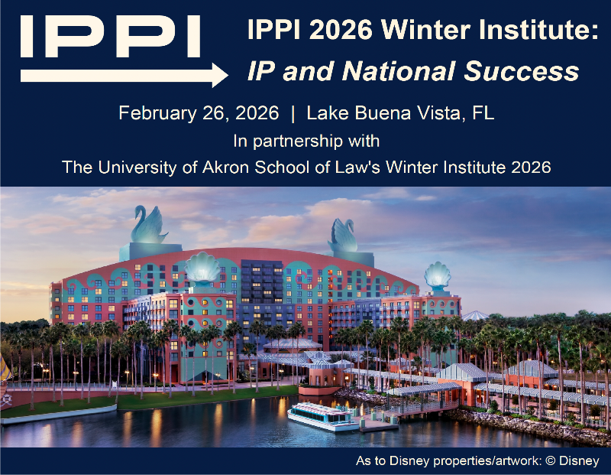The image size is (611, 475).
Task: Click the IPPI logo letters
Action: point(110,34)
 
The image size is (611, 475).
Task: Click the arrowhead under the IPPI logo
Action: point(220,75)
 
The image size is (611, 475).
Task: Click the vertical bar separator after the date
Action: point(293,114)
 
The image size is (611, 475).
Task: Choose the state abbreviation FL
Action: point(483,114)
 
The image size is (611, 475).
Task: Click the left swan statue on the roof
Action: point(150,223)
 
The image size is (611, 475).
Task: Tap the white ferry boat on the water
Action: point(322,415)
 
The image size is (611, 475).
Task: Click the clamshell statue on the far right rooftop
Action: point(438,275)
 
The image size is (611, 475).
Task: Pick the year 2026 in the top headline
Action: point(334,31)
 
